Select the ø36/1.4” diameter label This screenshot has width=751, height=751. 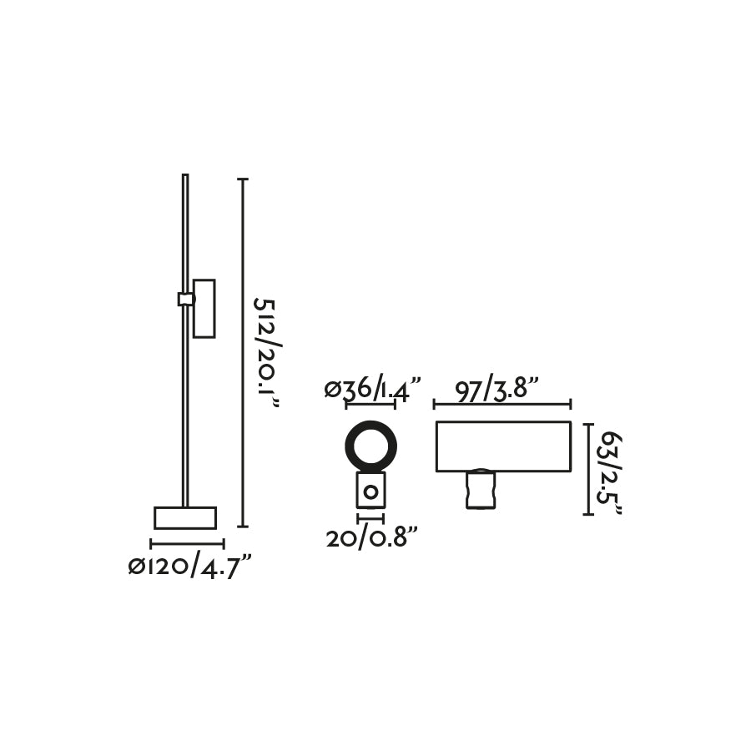[x=372, y=389]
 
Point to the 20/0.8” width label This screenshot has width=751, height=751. [x=371, y=538]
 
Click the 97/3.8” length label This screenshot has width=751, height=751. [x=497, y=389]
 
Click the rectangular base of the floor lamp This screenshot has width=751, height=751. [x=185, y=517]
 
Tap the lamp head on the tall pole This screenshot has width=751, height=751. [x=204, y=308]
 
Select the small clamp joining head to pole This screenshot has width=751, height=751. [x=186, y=299]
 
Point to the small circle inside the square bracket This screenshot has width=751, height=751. [x=370, y=492]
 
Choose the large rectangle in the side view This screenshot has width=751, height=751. [x=503, y=446]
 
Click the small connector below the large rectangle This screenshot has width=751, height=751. [x=480, y=490]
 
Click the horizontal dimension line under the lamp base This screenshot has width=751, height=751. [x=187, y=544]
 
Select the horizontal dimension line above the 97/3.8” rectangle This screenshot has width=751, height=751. [x=502, y=405]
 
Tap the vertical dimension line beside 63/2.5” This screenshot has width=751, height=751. [x=588, y=469]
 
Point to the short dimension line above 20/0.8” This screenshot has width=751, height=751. [x=370, y=518]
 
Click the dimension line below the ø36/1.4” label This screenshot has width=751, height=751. [x=370, y=405]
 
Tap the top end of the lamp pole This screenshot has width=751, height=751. [x=185, y=177]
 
